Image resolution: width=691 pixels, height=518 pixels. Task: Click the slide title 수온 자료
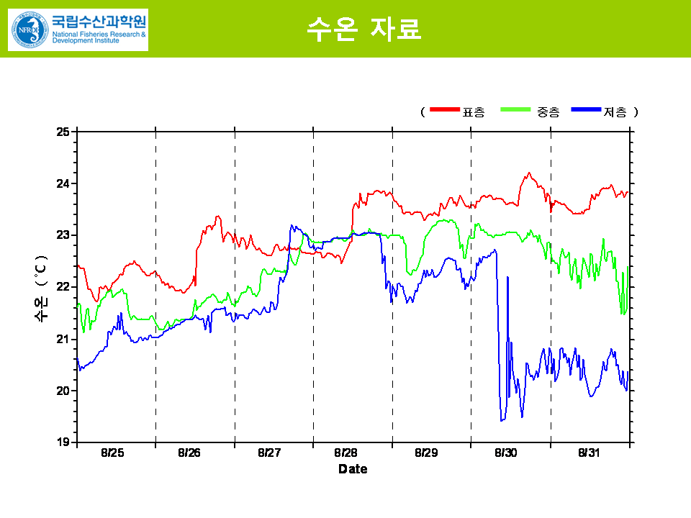pos(363,29)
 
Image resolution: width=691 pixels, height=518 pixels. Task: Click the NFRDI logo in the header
pos(78,29)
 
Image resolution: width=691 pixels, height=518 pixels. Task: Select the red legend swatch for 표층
pos(445,110)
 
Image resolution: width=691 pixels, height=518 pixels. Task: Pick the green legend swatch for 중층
pos(517,110)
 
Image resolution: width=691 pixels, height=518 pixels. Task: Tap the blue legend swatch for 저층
pos(586,110)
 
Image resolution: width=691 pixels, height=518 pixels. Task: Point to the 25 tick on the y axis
pos(63,132)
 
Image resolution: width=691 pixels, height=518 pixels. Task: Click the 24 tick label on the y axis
pos(63,183)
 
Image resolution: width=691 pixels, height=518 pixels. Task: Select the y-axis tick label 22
pos(63,287)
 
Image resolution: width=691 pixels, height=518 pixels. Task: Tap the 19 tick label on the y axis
pos(63,442)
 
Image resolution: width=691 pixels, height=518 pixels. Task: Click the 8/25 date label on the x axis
pos(112,453)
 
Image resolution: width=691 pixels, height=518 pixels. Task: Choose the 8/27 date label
pos(269,453)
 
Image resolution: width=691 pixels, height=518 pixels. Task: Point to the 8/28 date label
pos(346,453)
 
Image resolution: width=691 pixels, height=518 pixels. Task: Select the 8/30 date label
pos(506,453)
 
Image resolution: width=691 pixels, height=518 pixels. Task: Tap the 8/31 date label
pos(589,453)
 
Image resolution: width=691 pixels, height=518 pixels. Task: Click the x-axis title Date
pos(353,469)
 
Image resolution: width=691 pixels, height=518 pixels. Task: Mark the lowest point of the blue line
pos(502,420)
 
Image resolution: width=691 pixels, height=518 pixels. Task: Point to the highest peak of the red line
pos(528,173)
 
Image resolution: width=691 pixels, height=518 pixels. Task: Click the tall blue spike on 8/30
pos(507,277)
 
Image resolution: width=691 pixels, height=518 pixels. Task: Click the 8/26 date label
pos(189,453)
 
